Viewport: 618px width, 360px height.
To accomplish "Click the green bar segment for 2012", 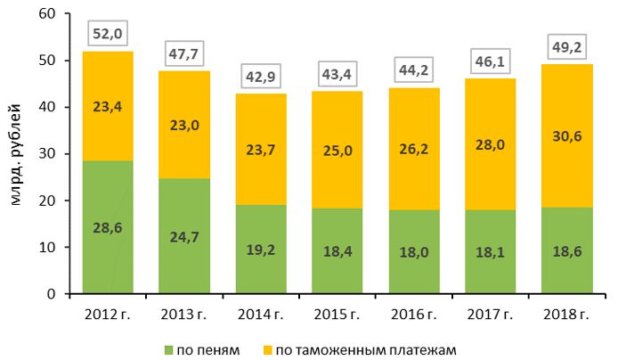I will (x=108, y=227).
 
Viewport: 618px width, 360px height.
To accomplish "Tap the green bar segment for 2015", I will (x=337, y=250).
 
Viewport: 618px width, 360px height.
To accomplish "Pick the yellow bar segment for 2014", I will (x=261, y=149).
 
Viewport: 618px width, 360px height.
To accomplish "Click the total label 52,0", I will (x=108, y=35).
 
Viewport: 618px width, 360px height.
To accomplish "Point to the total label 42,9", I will (x=261, y=77).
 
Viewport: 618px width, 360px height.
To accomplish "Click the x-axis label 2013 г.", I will (x=184, y=313).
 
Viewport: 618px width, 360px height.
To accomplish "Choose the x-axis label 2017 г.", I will (x=491, y=313).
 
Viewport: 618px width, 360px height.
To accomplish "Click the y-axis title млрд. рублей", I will (x=14, y=153).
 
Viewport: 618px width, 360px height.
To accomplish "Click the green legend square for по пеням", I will (x=169, y=349).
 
